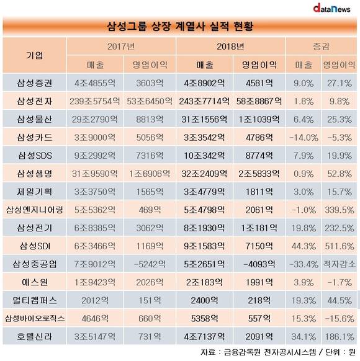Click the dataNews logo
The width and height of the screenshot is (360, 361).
click(331, 8)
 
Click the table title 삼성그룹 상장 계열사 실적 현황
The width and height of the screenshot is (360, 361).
click(180, 26)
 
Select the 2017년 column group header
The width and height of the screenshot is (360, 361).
click(121, 47)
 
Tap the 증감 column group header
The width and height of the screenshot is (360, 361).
click(321, 47)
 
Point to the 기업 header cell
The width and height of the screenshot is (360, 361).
click(34, 55)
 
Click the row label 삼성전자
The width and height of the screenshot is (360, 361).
click(35, 101)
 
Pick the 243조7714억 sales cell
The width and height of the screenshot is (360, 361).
click(204, 101)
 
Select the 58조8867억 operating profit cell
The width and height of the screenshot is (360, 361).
click(259, 101)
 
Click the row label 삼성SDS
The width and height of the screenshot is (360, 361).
click(35, 156)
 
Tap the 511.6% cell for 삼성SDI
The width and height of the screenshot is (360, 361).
click(340, 246)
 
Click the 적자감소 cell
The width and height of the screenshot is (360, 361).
click(340, 264)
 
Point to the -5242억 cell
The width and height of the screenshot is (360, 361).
click(150, 264)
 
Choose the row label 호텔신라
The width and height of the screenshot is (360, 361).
click(35, 337)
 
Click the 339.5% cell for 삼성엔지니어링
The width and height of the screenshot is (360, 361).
click(340, 210)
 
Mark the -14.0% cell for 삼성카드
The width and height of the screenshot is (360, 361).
click(304, 138)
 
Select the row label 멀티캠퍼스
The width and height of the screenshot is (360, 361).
click(35, 300)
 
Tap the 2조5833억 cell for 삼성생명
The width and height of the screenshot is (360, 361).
click(259, 174)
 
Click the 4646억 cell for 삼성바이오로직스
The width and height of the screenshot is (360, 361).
click(95, 319)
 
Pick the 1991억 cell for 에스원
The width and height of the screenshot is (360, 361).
click(259, 282)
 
